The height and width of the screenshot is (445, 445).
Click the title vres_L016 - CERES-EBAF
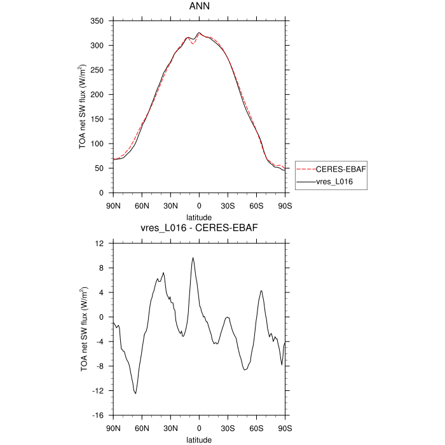(x=199, y=228)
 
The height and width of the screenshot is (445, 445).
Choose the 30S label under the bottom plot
(x=228, y=428)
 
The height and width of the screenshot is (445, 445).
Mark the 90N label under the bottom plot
(x=113, y=428)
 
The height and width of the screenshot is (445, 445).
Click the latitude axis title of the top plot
(x=199, y=217)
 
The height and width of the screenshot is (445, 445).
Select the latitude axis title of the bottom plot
(x=199, y=439)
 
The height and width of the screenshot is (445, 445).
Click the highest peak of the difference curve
(x=193, y=257)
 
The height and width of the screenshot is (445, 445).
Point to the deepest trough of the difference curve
(x=135, y=394)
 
